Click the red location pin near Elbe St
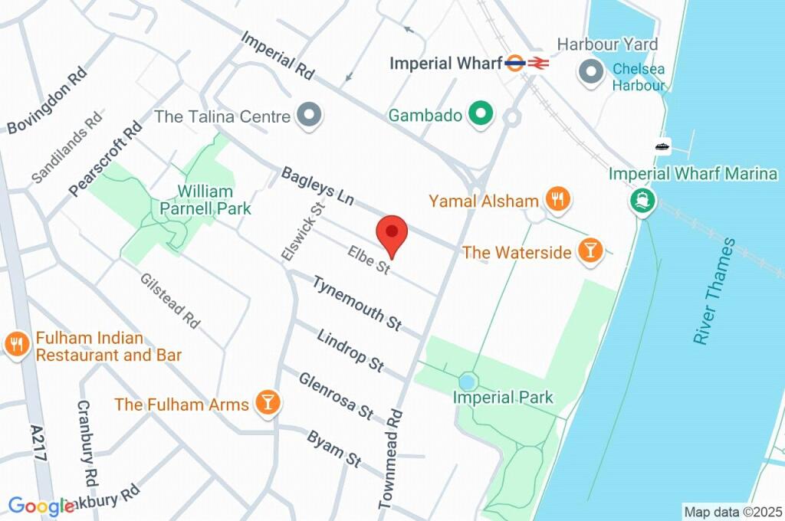tap(392, 233)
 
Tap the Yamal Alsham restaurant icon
tap(557, 201)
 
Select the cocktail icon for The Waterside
tap(590, 251)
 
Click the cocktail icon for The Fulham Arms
tap(268, 403)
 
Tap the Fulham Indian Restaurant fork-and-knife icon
tap(16, 344)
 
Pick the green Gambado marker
tap(481, 115)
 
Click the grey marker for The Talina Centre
tap(310, 116)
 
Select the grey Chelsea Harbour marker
tap(591, 73)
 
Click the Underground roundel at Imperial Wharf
tap(515, 64)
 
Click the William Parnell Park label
tap(205, 198)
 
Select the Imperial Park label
tap(502, 398)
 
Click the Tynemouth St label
tap(356, 303)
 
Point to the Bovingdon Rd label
tap(47, 100)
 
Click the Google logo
tap(40, 506)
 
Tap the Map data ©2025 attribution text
tap(731, 511)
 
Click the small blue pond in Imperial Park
tap(467, 381)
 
